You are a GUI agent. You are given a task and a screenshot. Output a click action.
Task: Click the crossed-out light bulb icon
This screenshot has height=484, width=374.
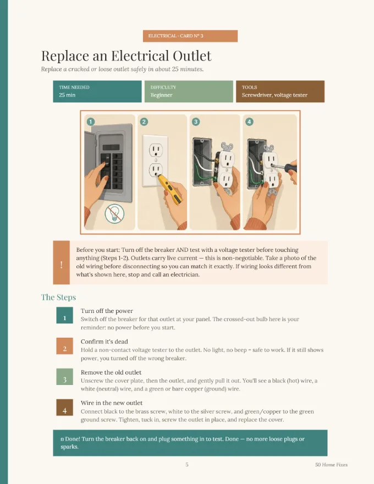[x=114, y=213]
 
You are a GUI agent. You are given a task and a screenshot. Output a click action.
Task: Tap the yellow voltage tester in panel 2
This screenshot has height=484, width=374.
[x=169, y=189]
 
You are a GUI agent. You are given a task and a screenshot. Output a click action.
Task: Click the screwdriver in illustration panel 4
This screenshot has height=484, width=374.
[x=284, y=168]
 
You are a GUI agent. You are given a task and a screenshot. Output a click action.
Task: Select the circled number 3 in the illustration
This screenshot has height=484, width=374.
[x=196, y=122]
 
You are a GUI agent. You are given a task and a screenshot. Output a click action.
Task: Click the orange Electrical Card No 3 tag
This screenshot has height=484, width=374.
[x=190, y=36]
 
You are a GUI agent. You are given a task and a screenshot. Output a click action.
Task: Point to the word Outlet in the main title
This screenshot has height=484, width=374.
[x=192, y=56]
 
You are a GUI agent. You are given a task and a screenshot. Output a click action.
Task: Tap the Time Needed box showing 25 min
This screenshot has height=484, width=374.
[x=97, y=91]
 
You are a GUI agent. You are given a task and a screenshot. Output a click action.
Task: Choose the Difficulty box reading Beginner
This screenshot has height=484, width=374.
[x=189, y=91]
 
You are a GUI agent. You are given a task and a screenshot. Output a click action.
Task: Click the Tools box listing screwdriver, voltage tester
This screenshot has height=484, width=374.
[x=280, y=91]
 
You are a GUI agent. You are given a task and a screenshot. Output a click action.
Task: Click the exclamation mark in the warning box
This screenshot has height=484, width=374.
[x=62, y=265]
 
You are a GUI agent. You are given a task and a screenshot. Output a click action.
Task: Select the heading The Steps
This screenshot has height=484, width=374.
[x=59, y=297]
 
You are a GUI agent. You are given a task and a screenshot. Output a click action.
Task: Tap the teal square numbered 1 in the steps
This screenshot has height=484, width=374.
[x=64, y=315]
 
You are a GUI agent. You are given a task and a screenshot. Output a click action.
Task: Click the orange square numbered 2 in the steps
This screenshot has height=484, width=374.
[x=64, y=346]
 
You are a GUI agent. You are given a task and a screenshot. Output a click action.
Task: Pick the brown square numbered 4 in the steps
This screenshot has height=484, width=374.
[x=64, y=408]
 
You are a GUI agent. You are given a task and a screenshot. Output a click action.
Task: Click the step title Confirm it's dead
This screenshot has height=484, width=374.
[x=105, y=342]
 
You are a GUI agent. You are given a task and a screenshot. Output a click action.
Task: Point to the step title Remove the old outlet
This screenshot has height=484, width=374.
[x=111, y=372]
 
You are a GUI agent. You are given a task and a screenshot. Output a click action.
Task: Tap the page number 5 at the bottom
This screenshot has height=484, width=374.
[x=187, y=465]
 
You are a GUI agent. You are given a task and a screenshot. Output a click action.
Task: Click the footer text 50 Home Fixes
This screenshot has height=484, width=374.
[x=332, y=465]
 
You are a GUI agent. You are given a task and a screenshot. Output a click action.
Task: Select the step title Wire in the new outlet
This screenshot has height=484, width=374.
[x=112, y=403]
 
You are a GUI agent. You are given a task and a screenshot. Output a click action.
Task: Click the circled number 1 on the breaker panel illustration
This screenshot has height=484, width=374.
[x=90, y=122]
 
